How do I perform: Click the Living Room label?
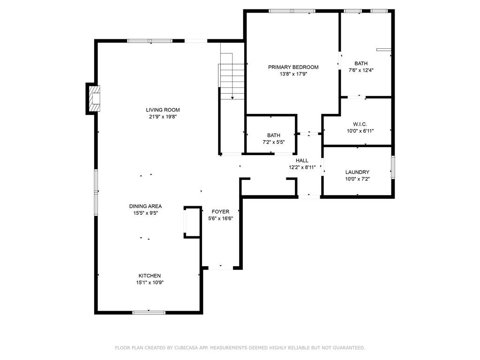(163, 110)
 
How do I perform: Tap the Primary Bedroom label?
(293, 67)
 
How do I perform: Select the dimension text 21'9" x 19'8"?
(163, 117)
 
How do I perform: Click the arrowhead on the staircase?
(232, 98)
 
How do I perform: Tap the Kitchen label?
(150, 276)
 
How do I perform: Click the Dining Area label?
(145, 206)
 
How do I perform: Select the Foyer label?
(220, 211)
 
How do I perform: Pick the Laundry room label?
(357, 172)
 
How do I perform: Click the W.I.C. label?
(360, 124)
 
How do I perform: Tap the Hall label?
(302, 160)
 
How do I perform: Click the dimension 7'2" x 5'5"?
(274, 142)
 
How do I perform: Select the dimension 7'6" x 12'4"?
(361, 70)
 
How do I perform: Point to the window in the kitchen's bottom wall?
(149, 313)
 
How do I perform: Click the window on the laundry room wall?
(393, 167)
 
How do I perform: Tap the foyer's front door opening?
(221, 268)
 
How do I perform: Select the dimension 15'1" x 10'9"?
(150, 283)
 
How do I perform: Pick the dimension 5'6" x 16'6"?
(221, 218)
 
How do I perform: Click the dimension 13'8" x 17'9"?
(293, 74)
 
